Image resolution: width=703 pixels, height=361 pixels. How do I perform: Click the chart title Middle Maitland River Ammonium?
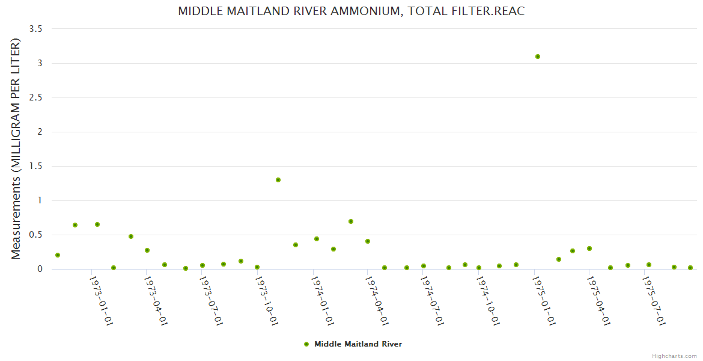pyautogui.click(x=351, y=11)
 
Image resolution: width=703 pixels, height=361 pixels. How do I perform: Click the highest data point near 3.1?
pyautogui.click(x=538, y=57)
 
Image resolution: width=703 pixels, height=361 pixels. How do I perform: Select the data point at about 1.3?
pyautogui.click(x=278, y=180)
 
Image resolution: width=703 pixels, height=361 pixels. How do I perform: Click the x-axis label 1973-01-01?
pyautogui.click(x=102, y=300)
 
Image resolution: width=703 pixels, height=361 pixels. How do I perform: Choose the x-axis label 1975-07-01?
pyautogui.click(x=654, y=300)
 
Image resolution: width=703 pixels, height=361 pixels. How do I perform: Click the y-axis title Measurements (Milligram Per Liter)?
pyautogui.click(x=16, y=149)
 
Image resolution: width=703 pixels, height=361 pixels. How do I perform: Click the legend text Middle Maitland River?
pyautogui.click(x=358, y=344)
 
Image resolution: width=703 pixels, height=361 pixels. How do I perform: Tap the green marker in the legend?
pyautogui.click(x=306, y=344)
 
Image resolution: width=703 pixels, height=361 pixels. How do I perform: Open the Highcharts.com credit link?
pyautogui.click(x=674, y=356)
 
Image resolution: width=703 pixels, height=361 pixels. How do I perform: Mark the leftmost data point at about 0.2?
pyautogui.click(x=58, y=255)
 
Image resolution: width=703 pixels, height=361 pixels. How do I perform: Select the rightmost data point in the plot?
pyautogui.click(x=690, y=268)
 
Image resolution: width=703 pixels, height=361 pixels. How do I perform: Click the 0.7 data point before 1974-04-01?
pyautogui.click(x=351, y=221)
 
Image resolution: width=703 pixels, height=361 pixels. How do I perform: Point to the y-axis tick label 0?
pyautogui.click(x=40, y=269)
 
